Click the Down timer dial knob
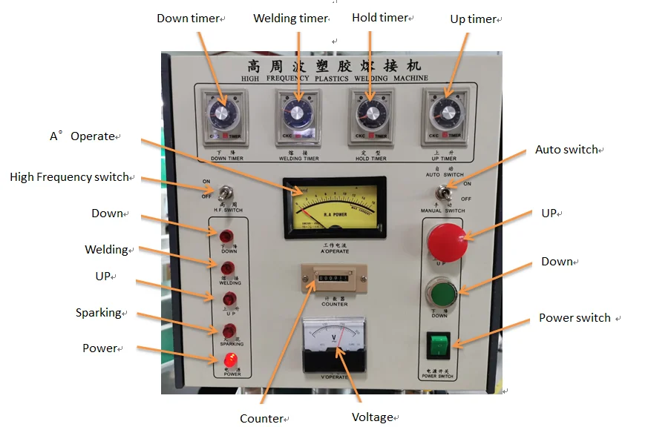click(222, 116)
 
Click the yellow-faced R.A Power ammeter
click(335, 208)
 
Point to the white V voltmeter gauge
click(334, 342)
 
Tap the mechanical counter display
click(334, 280)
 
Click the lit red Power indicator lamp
click(232, 360)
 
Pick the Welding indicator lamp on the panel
click(229, 268)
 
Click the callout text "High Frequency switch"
click(70, 177)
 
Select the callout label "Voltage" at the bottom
click(372, 417)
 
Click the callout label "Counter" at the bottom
click(262, 419)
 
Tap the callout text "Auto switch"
click(566, 150)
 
